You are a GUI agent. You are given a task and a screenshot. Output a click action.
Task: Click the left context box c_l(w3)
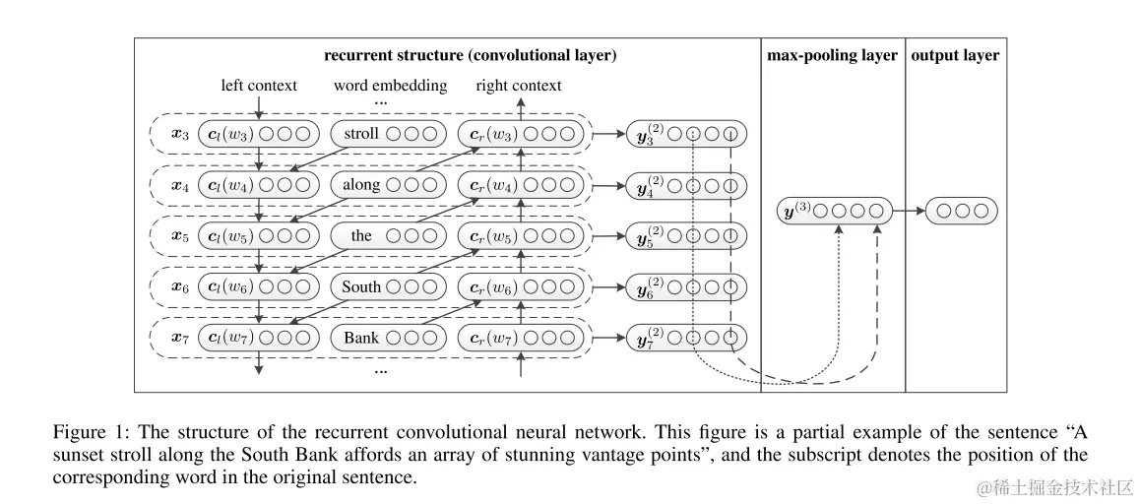click(259, 134)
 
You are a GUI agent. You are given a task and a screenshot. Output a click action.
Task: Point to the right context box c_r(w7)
click(521, 338)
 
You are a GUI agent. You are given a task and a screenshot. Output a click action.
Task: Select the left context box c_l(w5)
click(259, 235)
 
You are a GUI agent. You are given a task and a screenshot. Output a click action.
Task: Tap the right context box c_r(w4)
click(521, 185)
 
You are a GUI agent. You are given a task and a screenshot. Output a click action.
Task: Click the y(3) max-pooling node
click(834, 211)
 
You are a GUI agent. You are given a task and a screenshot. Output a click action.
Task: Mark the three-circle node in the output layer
click(962, 211)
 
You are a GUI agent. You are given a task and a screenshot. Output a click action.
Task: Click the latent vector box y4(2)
click(687, 185)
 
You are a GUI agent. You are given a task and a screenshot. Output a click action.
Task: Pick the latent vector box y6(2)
click(687, 287)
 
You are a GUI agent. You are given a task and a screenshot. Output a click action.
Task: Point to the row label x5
click(180, 236)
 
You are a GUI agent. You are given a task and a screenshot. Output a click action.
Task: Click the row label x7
click(180, 339)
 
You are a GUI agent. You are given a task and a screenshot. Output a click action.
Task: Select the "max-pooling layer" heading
click(833, 56)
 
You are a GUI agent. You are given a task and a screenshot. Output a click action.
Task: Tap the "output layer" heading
click(955, 56)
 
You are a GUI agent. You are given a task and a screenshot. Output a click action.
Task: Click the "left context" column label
click(260, 85)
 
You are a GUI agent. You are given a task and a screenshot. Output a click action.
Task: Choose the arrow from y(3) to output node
click(910, 211)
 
